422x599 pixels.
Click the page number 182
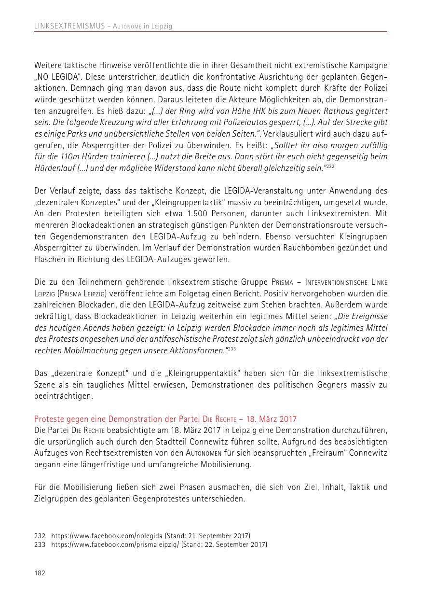tap(40, 573)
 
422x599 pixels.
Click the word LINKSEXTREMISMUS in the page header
tap(69, 27)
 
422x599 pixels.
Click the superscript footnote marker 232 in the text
tap(330, 167)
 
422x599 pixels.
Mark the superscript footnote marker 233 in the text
tap(231, 348)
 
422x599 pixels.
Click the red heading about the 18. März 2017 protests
tap(165, 419)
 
